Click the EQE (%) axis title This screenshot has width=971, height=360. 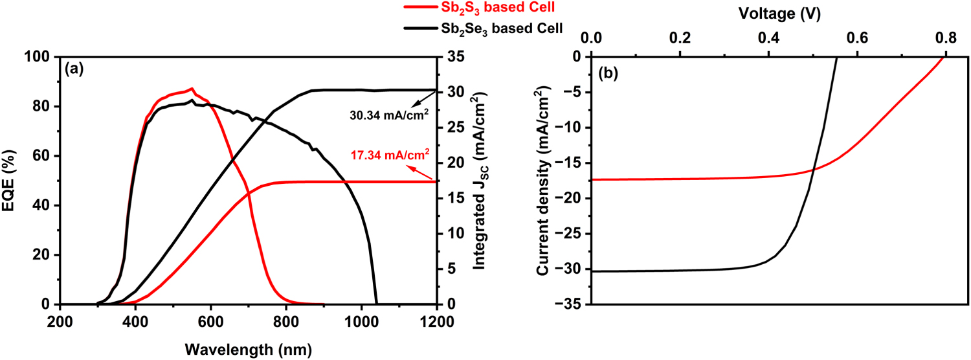(x=12, y=181)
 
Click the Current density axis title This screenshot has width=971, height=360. (x=544, y=181)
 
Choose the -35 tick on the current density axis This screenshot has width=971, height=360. (x=570, y=304)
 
